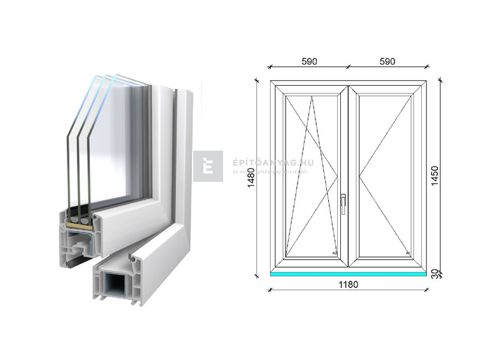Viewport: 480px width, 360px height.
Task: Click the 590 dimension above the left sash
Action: coord(309,61)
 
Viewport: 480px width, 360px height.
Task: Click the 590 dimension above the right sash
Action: coord(387,61)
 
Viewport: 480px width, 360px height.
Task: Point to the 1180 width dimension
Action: coord(348,284)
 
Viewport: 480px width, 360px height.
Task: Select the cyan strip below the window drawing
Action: coord(348,274)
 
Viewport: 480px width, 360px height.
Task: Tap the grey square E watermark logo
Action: coord(208,166)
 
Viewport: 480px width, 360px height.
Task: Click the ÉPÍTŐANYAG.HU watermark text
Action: coord(266,162)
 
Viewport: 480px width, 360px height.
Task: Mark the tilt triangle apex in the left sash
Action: coord(311,97)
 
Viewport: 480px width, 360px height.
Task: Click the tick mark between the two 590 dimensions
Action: coord(348,66)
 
